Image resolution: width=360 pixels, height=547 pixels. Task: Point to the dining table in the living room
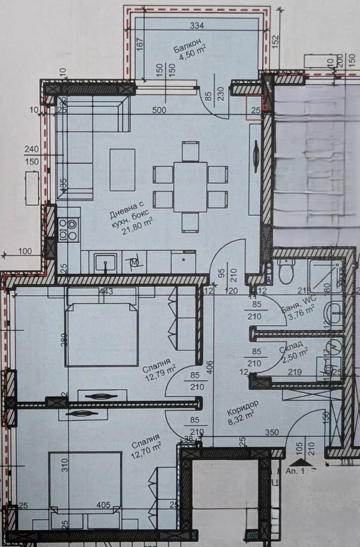coord(190,187)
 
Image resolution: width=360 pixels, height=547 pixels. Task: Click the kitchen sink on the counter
coord(105,262)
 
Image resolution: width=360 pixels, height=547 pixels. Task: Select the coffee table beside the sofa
coord(122,170)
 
